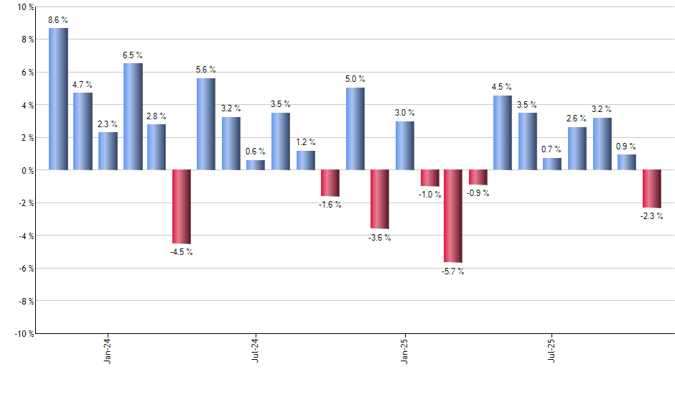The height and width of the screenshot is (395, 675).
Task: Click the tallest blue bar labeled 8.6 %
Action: point(58,99)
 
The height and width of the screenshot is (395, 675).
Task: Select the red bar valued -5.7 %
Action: point(453,215)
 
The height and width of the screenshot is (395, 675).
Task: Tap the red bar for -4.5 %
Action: point(181,207)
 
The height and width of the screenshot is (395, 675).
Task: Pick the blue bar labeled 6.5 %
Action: point(133,116)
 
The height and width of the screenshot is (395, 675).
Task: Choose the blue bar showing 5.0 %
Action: point(355,129)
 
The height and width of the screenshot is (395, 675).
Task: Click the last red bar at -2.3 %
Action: point(651,189)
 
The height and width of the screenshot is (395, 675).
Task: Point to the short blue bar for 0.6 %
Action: point(256,164)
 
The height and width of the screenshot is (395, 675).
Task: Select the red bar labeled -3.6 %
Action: point(379,199)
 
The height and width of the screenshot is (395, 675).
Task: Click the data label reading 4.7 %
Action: point(83,85)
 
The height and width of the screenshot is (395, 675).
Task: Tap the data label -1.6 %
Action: point(330,205)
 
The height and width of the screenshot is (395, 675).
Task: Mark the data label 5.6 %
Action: point(206,70)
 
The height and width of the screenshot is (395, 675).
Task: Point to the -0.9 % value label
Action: point(478,193)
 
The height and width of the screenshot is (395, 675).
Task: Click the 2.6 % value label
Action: point(577,118)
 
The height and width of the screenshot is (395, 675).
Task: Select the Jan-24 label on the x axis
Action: point(108,350)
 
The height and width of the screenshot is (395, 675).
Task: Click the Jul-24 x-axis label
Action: point(256,350)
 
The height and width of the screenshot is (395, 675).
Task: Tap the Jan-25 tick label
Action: point(404,350)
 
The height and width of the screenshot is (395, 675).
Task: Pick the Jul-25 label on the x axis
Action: point(551,350)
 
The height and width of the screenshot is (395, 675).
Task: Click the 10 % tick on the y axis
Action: point(24,7)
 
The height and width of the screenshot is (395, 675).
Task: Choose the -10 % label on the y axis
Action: point(22,333)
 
